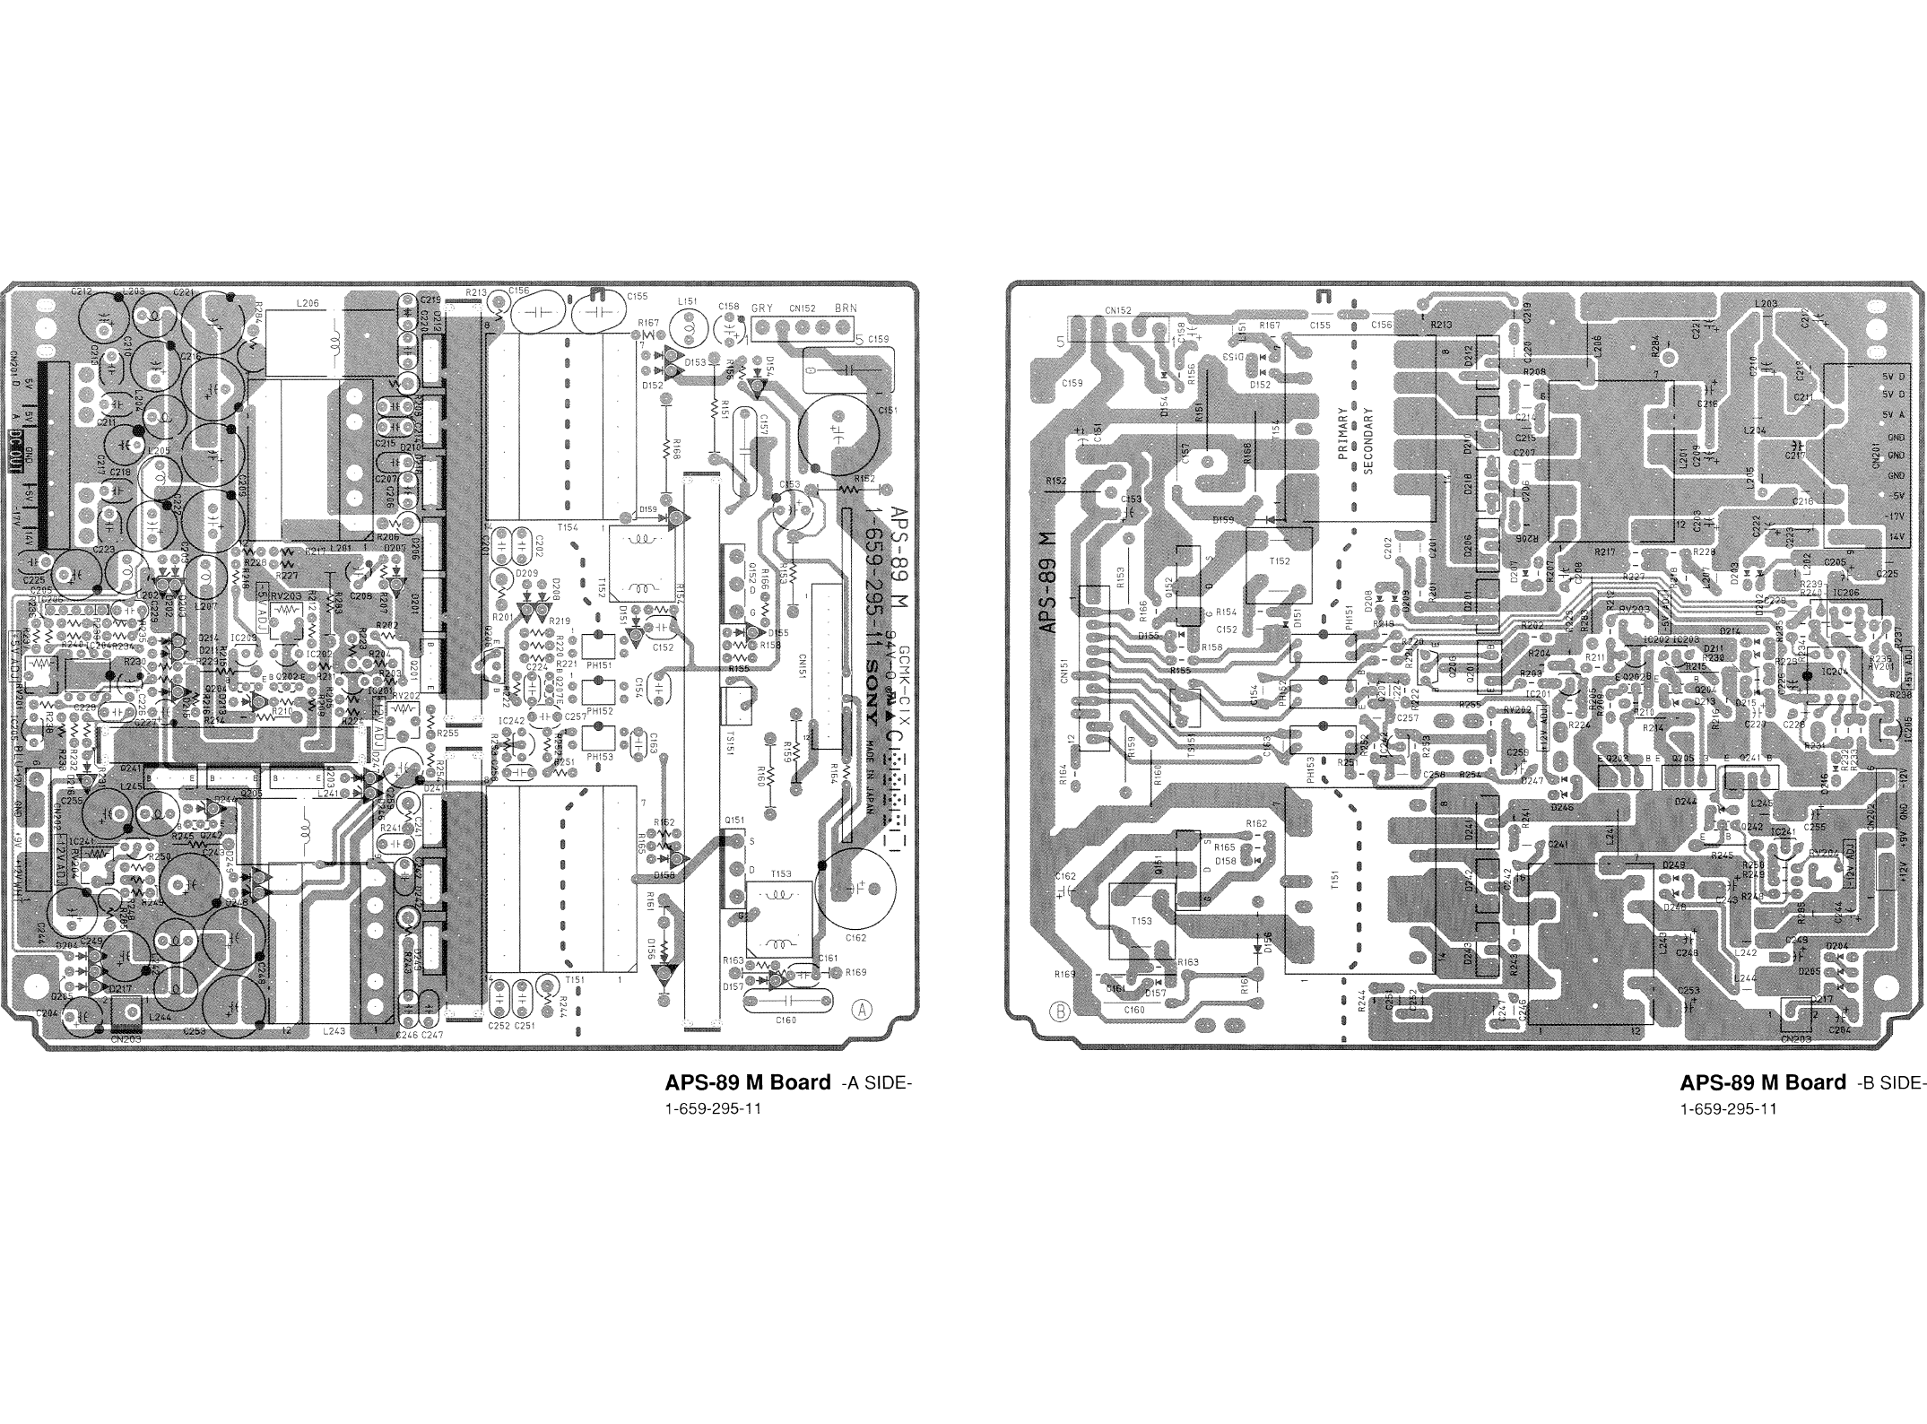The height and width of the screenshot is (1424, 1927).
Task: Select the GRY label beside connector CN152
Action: tap(761, 308)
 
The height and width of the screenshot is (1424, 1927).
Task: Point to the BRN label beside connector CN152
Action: tap(845, 308)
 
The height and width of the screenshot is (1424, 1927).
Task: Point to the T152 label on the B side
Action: tap(1280, 560)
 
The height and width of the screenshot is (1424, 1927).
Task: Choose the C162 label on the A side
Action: tap(855, 938)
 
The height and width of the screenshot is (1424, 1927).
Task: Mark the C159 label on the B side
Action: tap(1072, 384)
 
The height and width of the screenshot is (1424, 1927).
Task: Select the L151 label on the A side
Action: tap(689, 302)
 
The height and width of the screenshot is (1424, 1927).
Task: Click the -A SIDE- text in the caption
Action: tap(877, 1084)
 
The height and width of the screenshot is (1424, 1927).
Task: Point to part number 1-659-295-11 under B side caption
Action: tap(1728, 1109)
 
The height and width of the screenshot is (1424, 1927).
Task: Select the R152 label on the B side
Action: tap(1055, 482)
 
